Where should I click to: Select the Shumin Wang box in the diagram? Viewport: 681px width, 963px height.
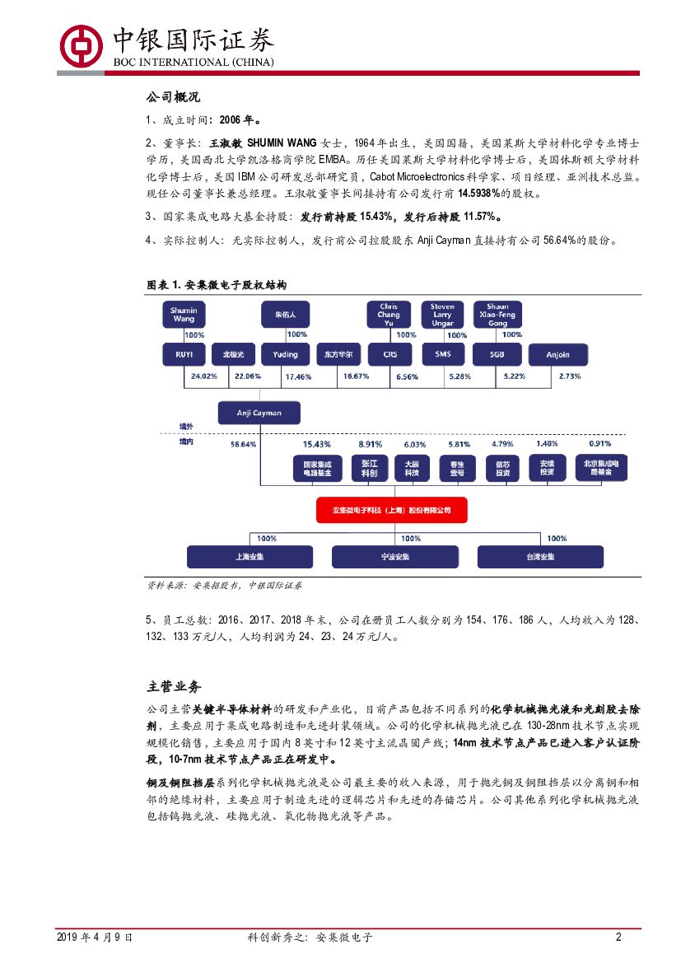183,315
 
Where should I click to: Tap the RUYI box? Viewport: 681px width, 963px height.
183,354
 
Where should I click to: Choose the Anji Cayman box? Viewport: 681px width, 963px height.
259,413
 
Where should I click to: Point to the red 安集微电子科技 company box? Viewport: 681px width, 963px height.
392,510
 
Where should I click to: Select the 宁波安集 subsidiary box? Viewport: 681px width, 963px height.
394,557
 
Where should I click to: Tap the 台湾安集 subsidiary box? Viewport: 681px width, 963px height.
541,557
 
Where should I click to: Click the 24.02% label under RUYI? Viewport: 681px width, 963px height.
203,376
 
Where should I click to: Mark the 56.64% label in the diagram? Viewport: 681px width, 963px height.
244,444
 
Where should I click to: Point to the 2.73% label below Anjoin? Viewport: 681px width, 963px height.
570,376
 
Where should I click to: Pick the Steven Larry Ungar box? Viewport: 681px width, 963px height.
442,315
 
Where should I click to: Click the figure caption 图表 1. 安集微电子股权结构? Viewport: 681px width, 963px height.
216,285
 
